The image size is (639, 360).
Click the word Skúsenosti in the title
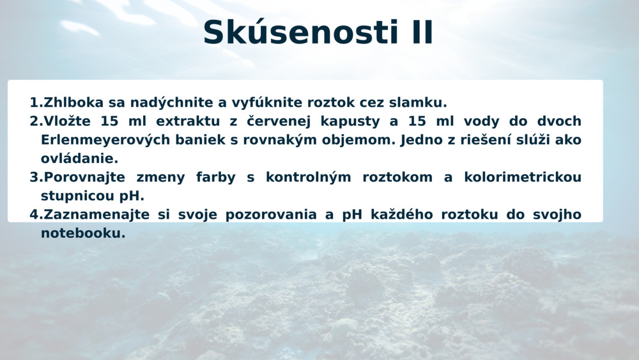(300, 32)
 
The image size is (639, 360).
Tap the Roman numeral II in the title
(422, 32)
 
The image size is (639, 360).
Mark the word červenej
(278, 121)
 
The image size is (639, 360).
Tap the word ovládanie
(79, 159)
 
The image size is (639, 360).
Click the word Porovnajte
(84, 178)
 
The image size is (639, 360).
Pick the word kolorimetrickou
(523, 177)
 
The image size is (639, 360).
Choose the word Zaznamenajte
(96, 215)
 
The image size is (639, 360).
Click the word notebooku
(83, 233)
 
